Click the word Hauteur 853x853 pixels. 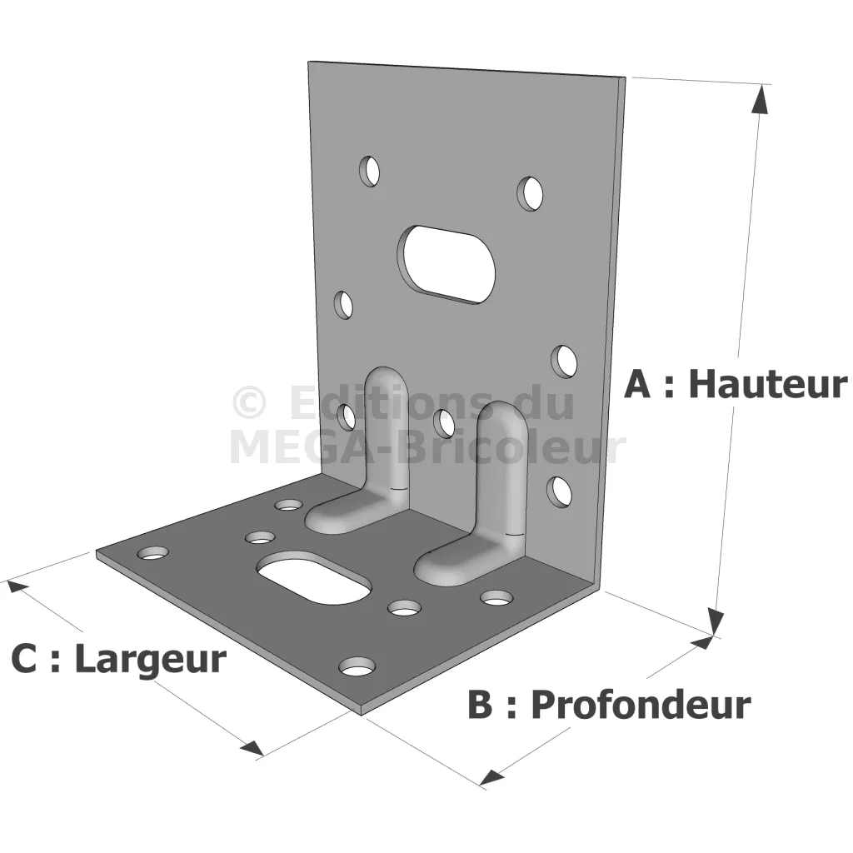click(767, 384)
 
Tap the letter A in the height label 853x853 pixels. click(637, 384)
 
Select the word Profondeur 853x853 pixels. click(641, 706)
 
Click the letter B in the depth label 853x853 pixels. click(480, 705)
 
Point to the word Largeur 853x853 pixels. click(150, 661)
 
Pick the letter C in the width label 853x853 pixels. click(24, 659)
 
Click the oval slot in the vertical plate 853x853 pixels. click(446, 263)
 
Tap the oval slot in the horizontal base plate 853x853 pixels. click(314, 577)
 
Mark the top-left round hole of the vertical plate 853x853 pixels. click(369, 171)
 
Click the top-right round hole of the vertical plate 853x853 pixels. click(530, 193)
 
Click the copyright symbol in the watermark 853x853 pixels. click(249, 403)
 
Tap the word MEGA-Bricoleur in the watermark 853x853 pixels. click(427, 447)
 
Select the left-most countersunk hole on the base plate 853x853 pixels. click(153, 553)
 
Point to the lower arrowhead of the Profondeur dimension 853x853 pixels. click(493, 777)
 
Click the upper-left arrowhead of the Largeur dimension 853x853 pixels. click(17, 588)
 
